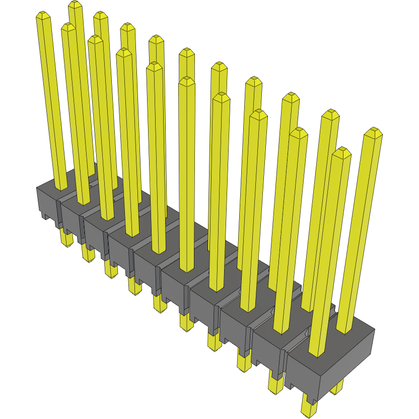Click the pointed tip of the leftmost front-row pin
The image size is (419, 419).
[44, 16]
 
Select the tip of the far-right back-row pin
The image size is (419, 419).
[373, 132]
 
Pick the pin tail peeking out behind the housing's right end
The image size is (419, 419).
[337, 387]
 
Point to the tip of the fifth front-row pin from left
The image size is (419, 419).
[155, 66]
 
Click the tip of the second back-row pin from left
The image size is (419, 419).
[100, 15]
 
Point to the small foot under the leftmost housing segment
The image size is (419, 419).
[45, 217]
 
